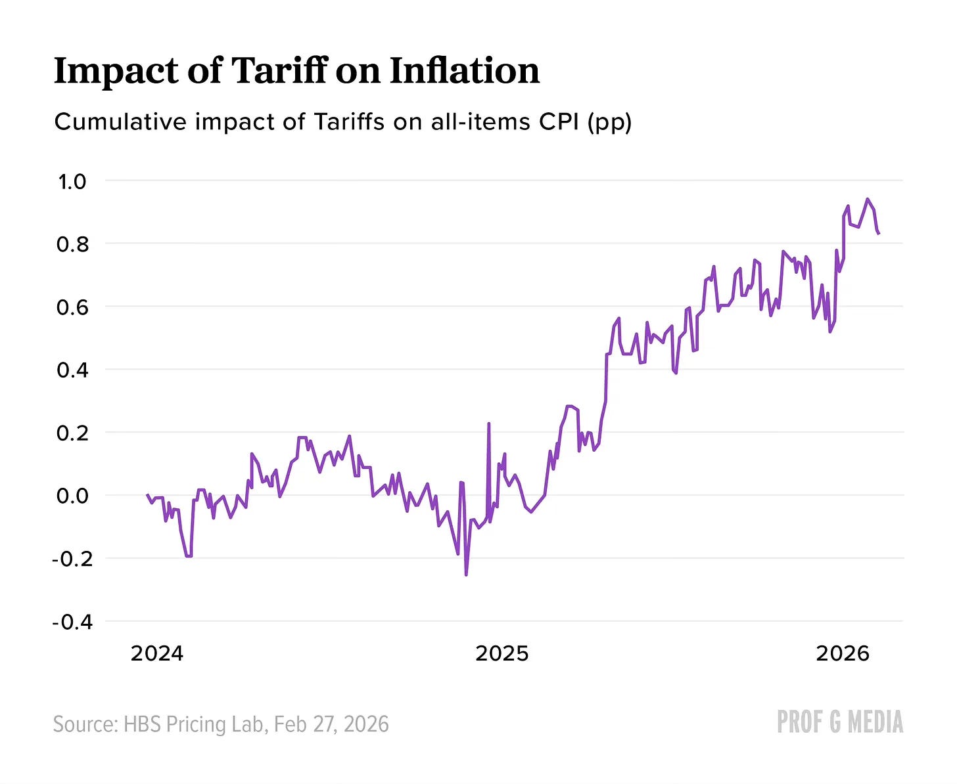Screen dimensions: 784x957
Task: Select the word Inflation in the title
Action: (x=464, y=70)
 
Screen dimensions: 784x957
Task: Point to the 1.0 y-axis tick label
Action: (x=72, y=182)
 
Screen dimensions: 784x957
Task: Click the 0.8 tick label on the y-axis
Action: (x=72, y=245)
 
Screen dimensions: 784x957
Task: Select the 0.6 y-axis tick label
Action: (x=72, y=307)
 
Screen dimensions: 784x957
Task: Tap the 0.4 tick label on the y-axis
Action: (x=72, y=370)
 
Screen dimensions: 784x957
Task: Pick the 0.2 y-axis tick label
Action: (x=72, y=433)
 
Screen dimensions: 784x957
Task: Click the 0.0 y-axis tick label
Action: (x=72, y=496)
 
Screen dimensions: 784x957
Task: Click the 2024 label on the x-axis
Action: (x=157, y=654)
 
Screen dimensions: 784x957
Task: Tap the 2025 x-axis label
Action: (x=502, y=654)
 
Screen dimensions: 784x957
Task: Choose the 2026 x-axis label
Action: (x=842, y=654)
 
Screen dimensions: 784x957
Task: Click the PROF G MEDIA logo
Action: (x=839, y=722)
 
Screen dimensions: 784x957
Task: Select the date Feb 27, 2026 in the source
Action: (x=331, y=724)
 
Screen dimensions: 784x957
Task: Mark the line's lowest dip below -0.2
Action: (x=466, y=575)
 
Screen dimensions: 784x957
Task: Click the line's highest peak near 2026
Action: (x=868, y=199)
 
